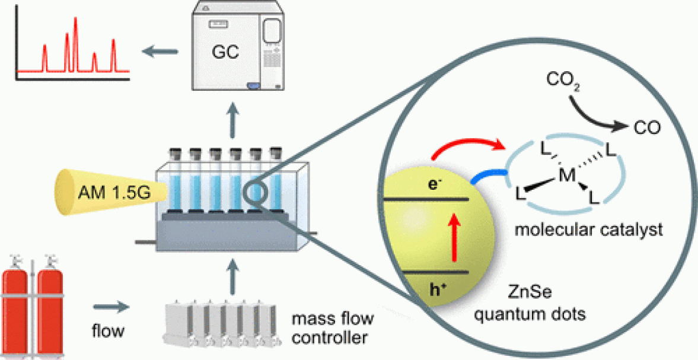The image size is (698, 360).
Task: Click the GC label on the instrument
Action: [x=225, y=53]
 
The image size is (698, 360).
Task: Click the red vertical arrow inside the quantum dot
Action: [x=455, y=238]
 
